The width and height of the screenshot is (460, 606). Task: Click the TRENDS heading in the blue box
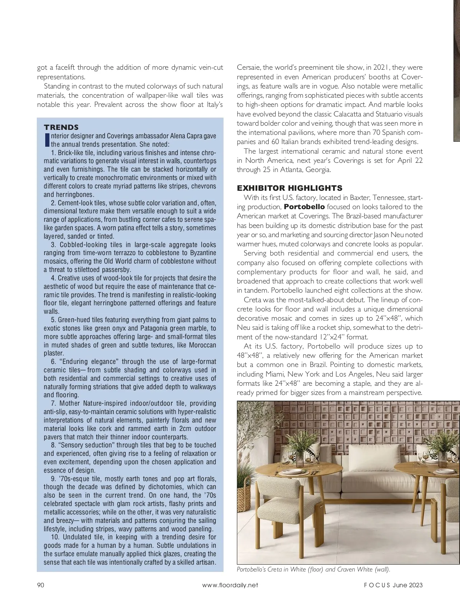61,127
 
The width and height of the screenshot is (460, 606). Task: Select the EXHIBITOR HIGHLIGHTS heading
289,188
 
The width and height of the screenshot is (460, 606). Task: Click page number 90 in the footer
41,585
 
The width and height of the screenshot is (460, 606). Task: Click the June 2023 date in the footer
407,585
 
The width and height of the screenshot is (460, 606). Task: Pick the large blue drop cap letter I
47,140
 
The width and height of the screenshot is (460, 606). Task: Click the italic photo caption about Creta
313,569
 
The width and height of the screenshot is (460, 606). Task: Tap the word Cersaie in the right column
248,67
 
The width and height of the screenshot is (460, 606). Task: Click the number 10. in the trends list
55,537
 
